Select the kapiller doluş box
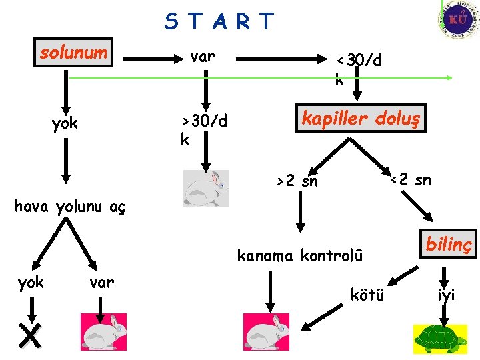(x=361, y=119)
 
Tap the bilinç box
(x=447, y=245)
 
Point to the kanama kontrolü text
(x=300, y=255)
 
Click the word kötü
(x=367, y=295)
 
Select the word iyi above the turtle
(x=446, y=295)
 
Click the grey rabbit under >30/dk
(x=206, y=188)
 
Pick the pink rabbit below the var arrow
(x=103, y=331)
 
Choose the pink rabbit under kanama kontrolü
(x=266, y=331)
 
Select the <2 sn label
(x=410, y=179)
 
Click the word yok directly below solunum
(x=65, y=123)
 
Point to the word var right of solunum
(x=202, y=57)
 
